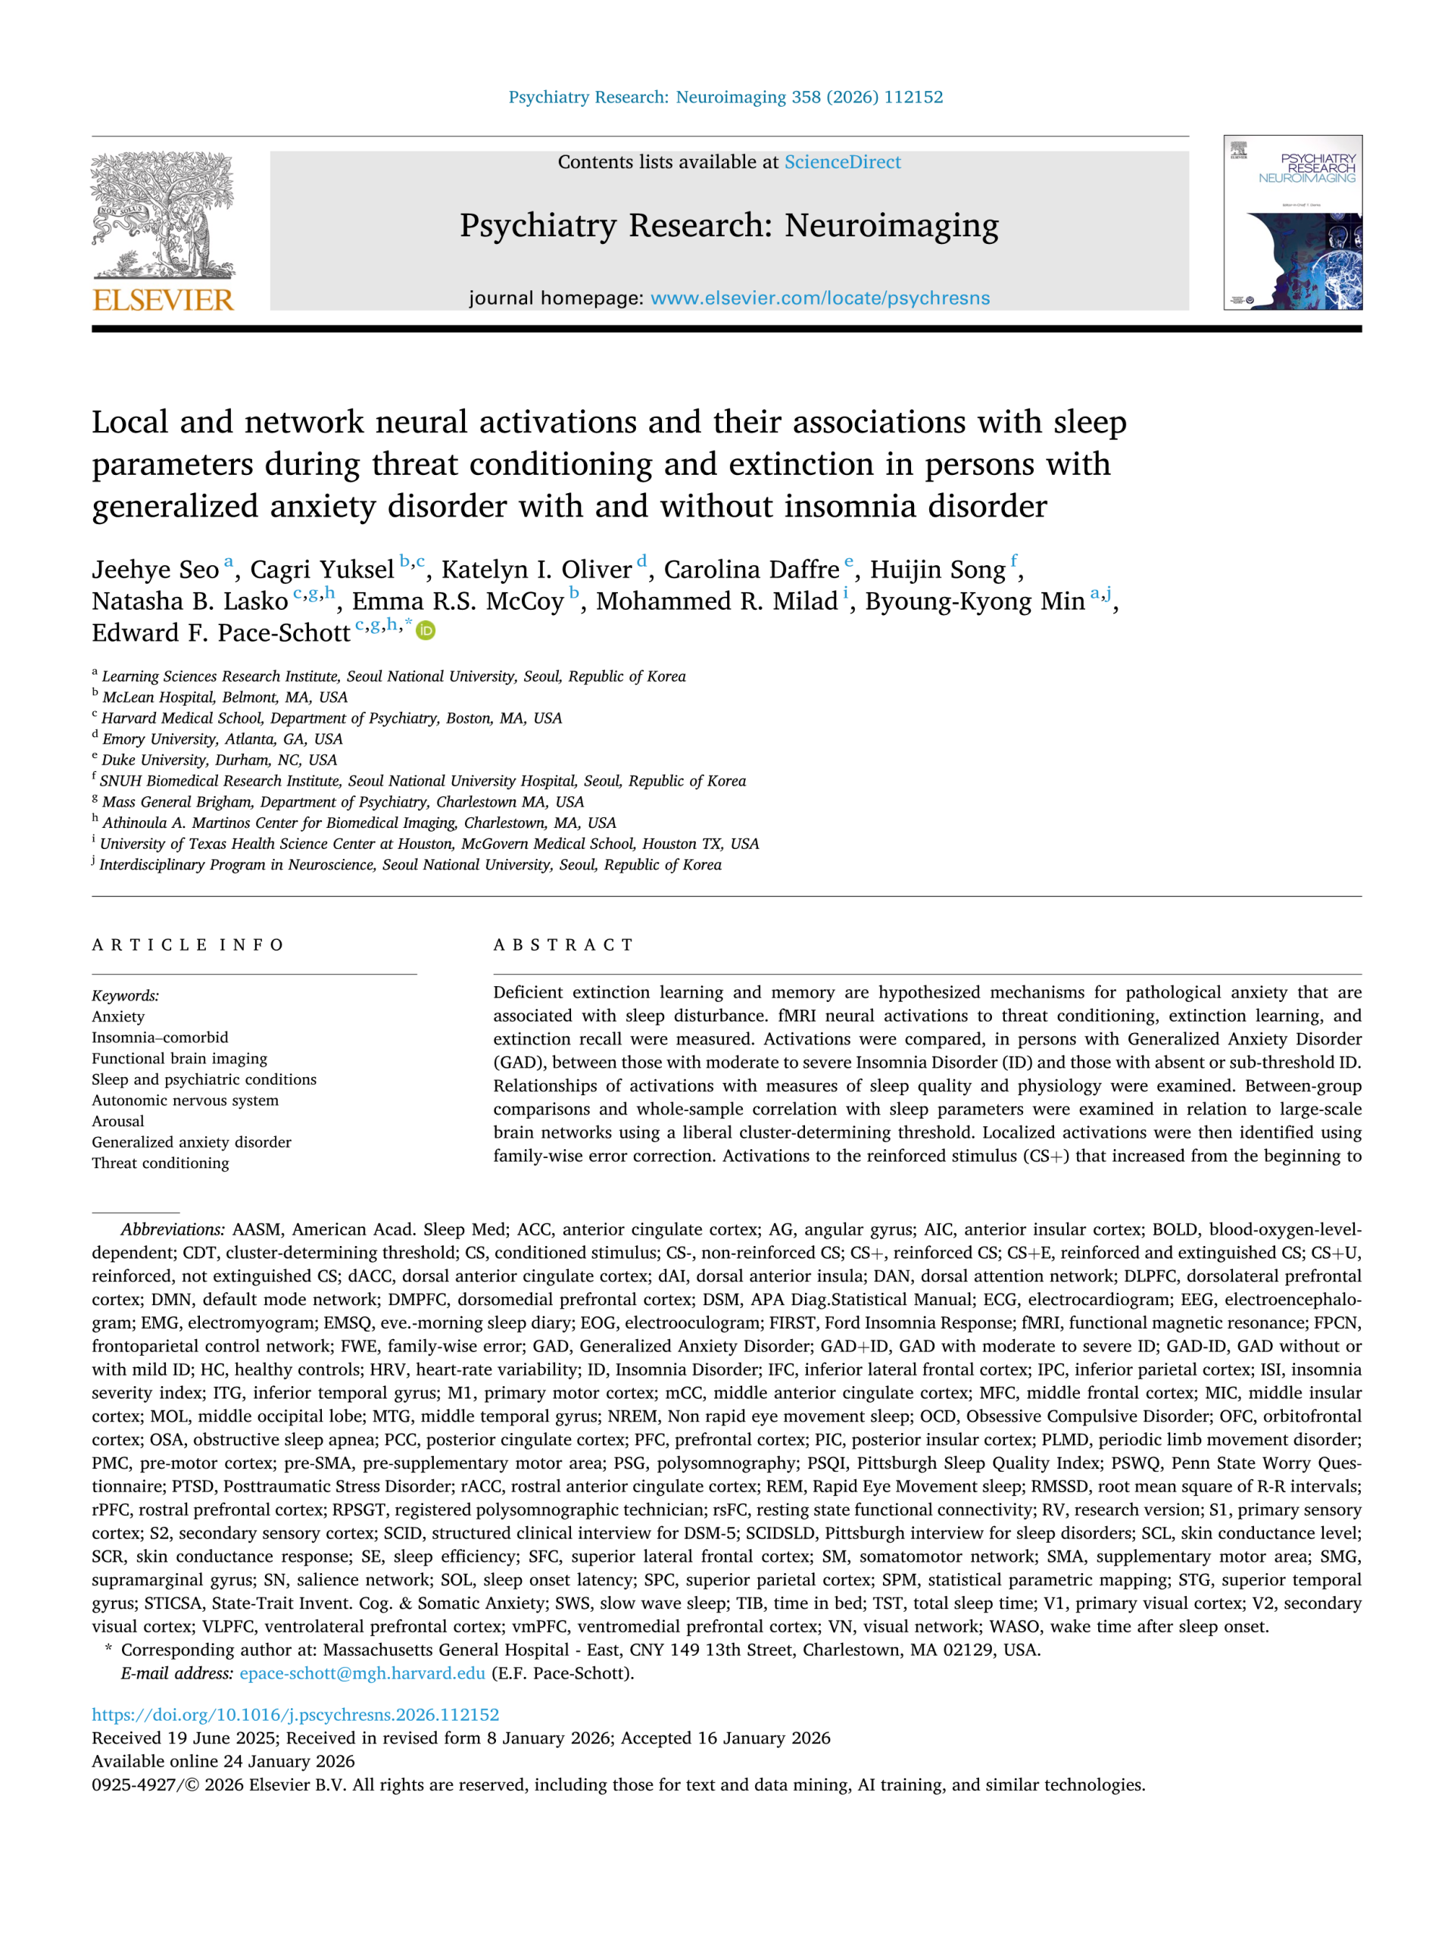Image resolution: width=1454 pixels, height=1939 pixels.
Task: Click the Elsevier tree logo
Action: point(163,215)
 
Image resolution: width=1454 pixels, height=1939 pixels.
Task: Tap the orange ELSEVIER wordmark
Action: point(163,300)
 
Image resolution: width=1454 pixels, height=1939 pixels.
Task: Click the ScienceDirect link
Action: point(841,162)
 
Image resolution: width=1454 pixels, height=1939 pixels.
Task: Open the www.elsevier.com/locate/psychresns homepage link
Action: point(819,298)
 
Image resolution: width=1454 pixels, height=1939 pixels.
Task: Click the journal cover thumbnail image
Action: point(1292,223)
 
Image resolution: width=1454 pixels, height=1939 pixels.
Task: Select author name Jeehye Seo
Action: point(155,570)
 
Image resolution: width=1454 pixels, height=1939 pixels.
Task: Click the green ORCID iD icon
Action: point(426,630)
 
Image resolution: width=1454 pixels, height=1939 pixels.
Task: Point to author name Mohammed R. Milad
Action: point(717,601)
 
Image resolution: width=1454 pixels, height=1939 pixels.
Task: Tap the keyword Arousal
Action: point(118,1121)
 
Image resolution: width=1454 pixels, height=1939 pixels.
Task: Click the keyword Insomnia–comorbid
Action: point(160,1038)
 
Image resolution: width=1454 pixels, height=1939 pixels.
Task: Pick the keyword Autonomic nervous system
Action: point(185,1100)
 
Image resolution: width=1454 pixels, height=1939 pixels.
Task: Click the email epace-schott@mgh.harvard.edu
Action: point(362,1673)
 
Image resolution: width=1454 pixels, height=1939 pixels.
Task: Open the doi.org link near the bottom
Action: point(295,1715)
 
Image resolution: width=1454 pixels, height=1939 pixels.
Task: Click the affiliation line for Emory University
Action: point(222,739)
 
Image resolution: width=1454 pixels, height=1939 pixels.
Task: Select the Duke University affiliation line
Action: point(219,760)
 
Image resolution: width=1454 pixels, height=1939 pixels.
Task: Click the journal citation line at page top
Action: point(725,97)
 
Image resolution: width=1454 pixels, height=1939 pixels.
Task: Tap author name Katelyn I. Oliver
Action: point(536,570)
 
